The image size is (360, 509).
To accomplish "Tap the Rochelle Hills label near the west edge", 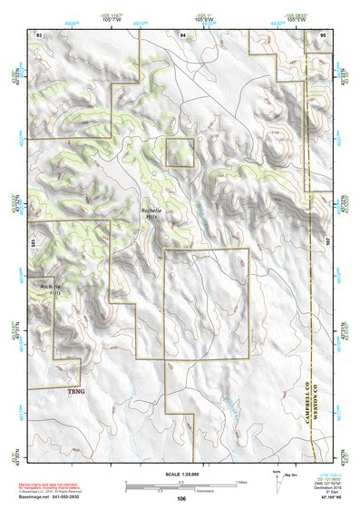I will [x=51, y=289].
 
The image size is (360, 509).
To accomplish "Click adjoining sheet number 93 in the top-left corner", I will [x=39, y=34].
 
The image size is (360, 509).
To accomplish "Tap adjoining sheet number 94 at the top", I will [x=183, y=34].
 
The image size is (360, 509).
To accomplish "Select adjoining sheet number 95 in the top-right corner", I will [x=322, y=34].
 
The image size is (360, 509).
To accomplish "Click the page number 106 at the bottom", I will [x=181, y=498].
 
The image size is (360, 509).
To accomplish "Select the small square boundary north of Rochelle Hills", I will [x=180, y=152].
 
